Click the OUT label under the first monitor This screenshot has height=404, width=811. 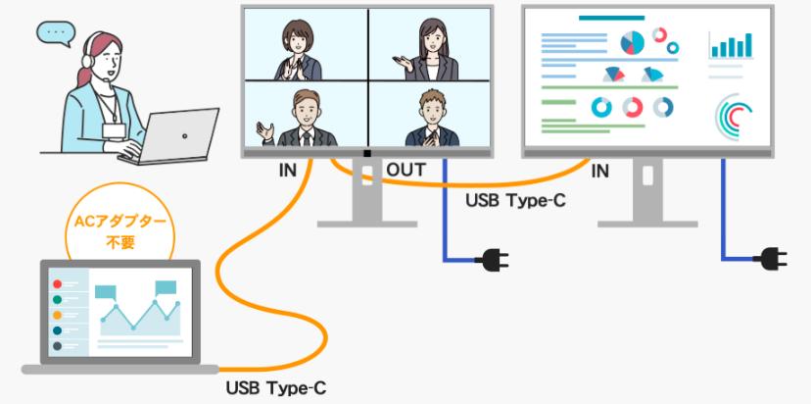[405, 171]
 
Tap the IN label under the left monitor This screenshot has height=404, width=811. [287, 171]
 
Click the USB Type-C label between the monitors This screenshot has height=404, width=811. [514, 201]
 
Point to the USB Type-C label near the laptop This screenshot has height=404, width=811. [275, 387]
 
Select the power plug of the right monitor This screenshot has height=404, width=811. [773, 259]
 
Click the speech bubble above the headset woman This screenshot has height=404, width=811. [56, 34]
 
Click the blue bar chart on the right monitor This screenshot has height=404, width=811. [731, 44]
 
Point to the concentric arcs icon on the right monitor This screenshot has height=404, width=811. [734, 115]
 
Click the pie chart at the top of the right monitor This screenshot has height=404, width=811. [633, 41]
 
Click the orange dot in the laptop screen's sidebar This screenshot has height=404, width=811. [57, 315]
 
